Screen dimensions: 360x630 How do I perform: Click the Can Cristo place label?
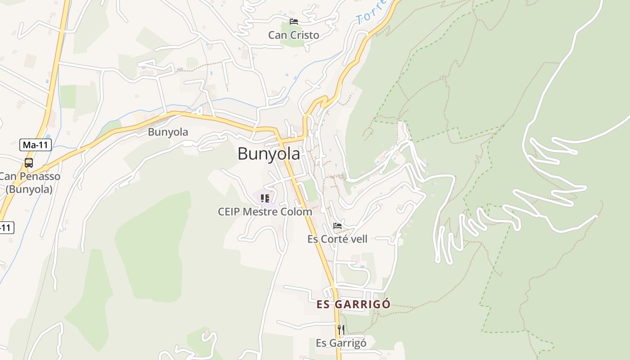point(293,35)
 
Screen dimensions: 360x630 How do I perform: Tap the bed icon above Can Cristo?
point(294,21)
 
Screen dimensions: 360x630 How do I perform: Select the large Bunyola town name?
point(269,154)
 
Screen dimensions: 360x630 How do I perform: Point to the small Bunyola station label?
point(168,132)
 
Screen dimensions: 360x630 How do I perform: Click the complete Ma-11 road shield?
point(36,145)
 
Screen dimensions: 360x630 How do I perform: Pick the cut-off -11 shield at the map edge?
point(6,228)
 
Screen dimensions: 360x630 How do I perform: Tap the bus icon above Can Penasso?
point(28,163)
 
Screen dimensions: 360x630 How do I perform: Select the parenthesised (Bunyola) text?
point(29,189)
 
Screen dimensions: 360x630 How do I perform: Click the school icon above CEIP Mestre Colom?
point(265,198)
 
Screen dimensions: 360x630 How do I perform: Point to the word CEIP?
point(229,211)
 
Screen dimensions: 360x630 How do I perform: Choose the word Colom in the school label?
point(298,211)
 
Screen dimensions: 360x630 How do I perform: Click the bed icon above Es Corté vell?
point(337,226)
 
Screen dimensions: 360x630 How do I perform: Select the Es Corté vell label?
point(337,239)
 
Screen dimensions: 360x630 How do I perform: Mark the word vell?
point(359,239)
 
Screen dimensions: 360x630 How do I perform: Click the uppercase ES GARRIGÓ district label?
point(353,304)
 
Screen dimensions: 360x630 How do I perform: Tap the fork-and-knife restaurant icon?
point(341,330)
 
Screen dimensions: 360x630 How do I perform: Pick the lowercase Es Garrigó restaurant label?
point(341,343)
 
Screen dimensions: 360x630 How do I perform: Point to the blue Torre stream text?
point(371,12)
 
